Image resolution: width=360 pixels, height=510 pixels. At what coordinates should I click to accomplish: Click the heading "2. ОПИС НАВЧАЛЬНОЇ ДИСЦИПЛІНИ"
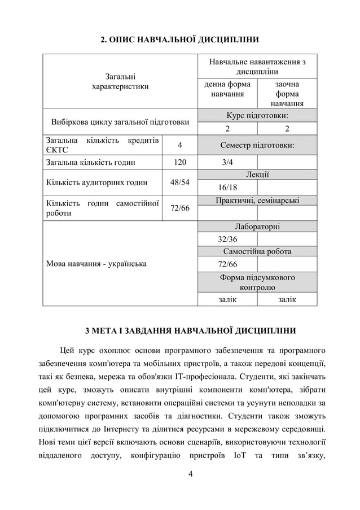179,40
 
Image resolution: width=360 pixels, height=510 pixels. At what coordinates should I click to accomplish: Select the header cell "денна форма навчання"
227,89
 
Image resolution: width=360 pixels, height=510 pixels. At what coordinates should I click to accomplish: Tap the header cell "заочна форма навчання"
287,94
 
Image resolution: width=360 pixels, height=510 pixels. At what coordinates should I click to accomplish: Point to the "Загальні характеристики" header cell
120,81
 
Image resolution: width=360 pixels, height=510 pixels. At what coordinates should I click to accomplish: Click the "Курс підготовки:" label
257,115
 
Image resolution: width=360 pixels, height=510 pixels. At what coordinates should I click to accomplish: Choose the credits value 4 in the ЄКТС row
179,145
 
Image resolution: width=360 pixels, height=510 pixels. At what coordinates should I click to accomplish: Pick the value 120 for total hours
179,163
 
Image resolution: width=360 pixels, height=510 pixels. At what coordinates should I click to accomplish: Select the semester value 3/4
227,163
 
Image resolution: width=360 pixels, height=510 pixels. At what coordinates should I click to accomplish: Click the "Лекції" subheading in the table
257,175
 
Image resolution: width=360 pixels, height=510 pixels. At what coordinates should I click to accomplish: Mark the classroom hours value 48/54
179,182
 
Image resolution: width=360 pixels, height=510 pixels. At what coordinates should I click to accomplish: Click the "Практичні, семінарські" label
257,200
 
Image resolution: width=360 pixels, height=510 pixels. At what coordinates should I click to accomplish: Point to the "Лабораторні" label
257,226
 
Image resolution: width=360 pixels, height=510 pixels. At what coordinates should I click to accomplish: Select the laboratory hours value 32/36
227,239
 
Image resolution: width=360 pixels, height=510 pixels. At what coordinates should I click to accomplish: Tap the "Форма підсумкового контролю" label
257,282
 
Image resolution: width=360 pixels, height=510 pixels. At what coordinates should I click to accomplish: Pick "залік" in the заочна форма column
287,299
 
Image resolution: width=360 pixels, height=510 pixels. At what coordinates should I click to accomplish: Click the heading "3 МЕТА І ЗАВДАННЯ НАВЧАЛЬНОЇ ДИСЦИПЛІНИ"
179,330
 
